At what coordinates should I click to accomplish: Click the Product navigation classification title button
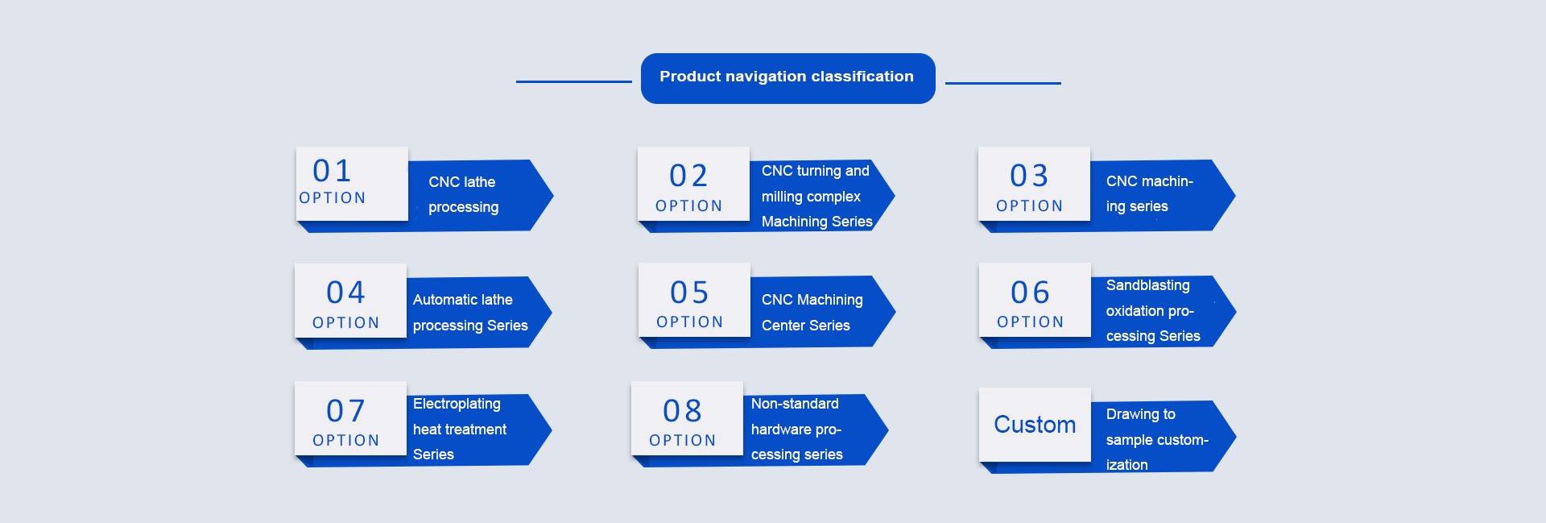point(787,77)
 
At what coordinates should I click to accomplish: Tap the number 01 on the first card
point(332,171)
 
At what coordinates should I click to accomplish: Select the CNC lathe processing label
point(463,194)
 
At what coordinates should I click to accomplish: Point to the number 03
point(1029,176)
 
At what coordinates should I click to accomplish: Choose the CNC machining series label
point(1148,193)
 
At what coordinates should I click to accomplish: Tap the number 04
point(345,293)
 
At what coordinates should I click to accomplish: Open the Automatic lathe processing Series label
point(469,312)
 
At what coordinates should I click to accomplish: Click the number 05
point(689,293)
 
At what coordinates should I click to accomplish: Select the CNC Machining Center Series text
point(812,312)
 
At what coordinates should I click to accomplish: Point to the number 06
point(1030,293)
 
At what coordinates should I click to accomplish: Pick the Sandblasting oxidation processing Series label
point(1151,310)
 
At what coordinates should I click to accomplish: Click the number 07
point(345,411)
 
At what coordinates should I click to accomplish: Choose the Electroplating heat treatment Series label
point(459,429)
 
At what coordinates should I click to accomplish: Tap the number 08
point(682,411)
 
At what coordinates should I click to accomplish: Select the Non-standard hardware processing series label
point(796,429)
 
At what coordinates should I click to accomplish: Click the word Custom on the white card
point(1034,425)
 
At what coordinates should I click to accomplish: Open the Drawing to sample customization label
point(1155,439)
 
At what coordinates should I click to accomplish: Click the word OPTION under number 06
point(1030,322)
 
